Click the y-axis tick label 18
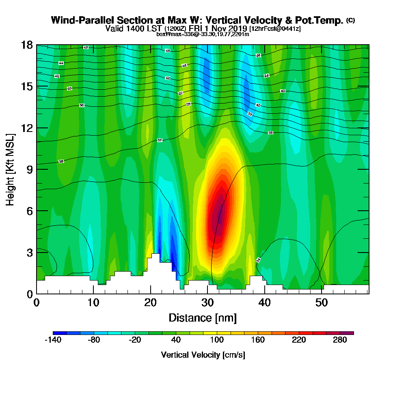(27, 45)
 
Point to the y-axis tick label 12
(27, 128)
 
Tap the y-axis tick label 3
(30, 252)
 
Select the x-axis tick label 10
(93, 302)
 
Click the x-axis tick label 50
(322, 302)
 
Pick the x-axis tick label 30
(208, 302)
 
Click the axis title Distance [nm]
(203, 317)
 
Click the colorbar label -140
(53, 340)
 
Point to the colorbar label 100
(217, 340)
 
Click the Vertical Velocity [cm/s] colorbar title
(203, 355)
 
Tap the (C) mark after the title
(350, 20)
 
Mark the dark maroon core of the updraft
(219, 215)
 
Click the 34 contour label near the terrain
(258, 260)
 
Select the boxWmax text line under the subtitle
(203, 34)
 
